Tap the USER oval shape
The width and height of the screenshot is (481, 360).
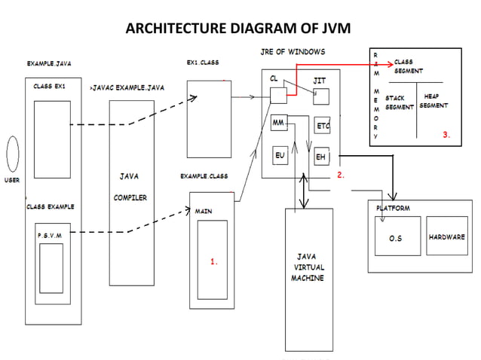(13, 155)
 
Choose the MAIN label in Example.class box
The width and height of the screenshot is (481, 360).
(204, 212)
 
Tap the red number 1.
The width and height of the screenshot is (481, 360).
(214, 262)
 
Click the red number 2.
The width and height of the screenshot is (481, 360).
(341, 174)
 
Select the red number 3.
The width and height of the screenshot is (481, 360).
(446, 135)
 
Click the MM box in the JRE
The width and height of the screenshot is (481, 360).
(279, 122)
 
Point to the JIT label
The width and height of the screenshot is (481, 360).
(320, 80)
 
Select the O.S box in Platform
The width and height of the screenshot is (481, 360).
(395, 237)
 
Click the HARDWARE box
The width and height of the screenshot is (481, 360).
(447, 236)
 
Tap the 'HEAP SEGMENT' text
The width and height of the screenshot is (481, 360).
(434, 102)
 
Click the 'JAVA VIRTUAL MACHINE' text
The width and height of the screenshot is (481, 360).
(308, 267)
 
